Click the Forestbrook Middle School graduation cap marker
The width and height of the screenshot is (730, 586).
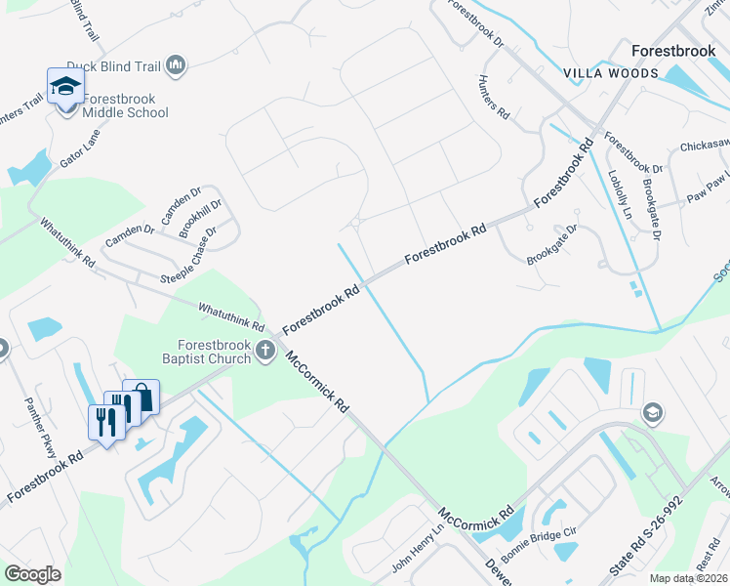coord(65,86)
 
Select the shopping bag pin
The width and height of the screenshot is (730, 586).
coord(142,397)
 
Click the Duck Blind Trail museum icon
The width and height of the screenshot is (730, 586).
coord(177,65)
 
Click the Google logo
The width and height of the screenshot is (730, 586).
coord(32,574)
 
